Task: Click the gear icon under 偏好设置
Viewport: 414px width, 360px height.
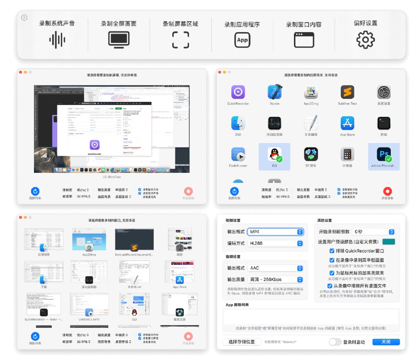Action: pyautogui.click(x=365, y=39)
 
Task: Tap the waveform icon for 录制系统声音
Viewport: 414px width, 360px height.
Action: pyautogui.click(x=57, y=39)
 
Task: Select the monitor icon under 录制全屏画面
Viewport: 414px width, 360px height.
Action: pyautogui.click(x=119, y=39)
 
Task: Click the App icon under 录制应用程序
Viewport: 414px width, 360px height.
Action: pyautogui.click(x=242, y=39)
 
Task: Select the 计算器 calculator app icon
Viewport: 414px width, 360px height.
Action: pyautogui.click(x=347, y=154)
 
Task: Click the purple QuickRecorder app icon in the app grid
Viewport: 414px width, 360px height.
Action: pyautogui.click(x=238, y=93)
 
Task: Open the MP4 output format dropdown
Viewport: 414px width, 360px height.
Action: pyautogui.click(x=275, y=231)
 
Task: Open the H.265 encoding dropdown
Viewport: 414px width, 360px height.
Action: pyautogui.click(x=275, y=243)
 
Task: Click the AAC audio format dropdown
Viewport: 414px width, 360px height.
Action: pyautogui.click(x=275, y=268)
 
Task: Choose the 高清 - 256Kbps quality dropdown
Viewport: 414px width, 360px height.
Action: pyautogui.click(x=275, y=280)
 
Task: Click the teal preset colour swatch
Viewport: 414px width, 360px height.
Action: pyautogui.click(x=389, y=242)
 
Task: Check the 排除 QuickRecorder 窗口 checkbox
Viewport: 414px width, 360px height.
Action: pyautogui.click(x=332, y=251)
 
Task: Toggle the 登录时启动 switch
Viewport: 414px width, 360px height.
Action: pyautogui.click(x=335, y=342)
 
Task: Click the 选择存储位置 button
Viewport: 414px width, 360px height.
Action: pyautogui.click(x=242, y=342)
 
